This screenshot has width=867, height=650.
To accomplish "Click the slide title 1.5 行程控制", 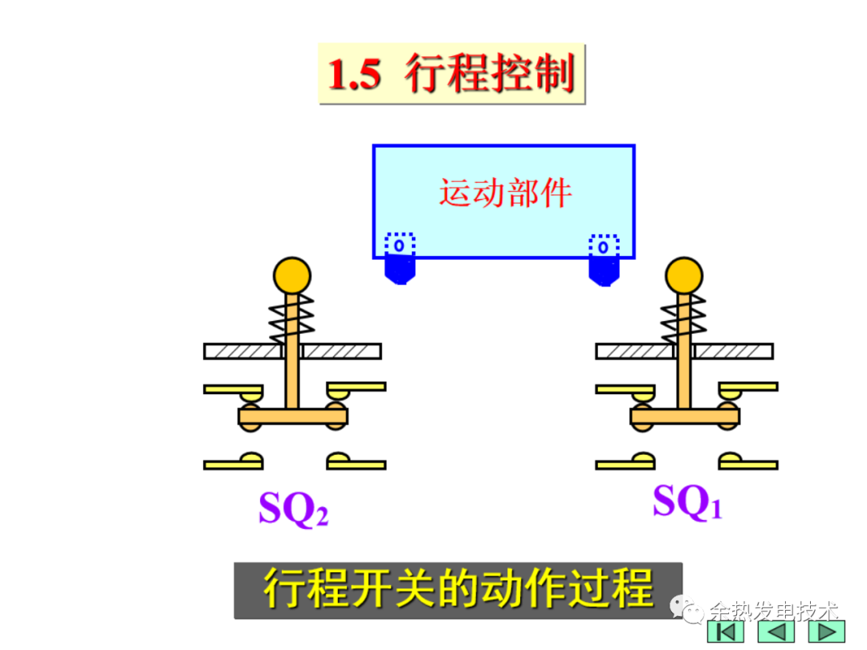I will [x=452, y=75].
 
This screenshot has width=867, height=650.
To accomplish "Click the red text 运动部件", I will [x=504, y=193].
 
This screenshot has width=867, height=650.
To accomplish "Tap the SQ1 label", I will [x=687, y=502].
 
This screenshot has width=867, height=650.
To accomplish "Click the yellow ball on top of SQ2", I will [x=291, y=275].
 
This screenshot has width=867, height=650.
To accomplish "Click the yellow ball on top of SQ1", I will [x=684, y=275].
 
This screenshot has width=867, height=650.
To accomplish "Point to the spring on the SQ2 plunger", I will [x=291, y=318].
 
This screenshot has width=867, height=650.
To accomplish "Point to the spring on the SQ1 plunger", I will [x=684, y=318].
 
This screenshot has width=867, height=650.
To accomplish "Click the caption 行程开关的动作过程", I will [x=458, y=590].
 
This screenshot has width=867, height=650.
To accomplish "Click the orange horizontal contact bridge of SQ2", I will [x=293, y=416].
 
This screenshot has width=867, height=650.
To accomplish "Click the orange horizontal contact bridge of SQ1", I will [x=685, y=416].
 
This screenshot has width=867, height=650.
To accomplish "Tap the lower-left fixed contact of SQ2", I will [x=234, y=462].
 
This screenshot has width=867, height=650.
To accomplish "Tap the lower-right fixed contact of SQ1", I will [x=747, y=462].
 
